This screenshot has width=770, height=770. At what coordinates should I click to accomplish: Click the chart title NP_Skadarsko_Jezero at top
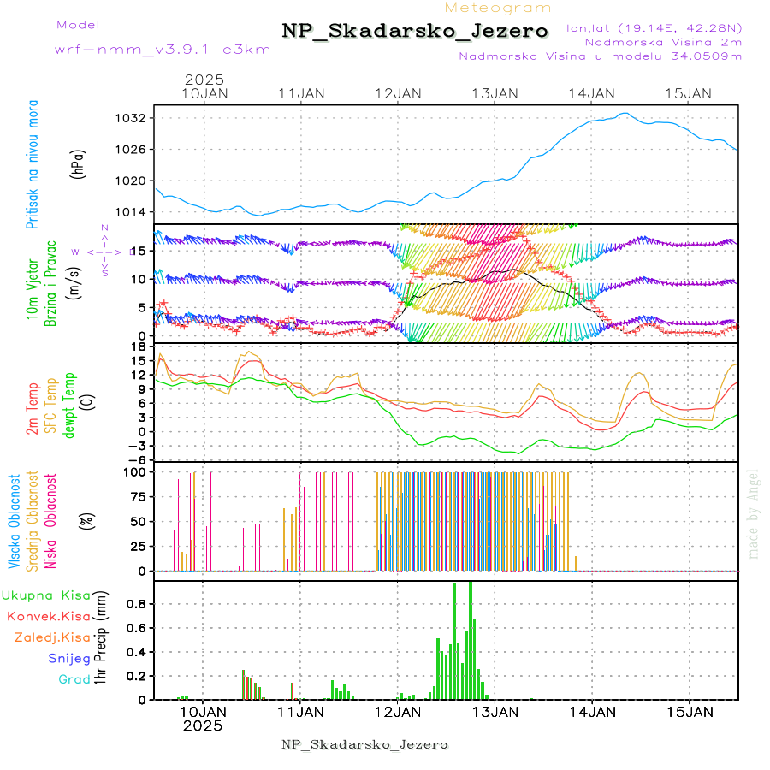pyautogui.click(x=415, y=32)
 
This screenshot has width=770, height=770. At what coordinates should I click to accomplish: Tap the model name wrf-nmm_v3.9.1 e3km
pyautogui.click(x=163, y=49)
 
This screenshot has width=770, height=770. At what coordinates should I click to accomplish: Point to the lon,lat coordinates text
pyautogui.click(x=654, y=27)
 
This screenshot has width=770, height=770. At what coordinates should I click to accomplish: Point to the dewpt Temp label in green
pyautogui.click(x=69, y=406)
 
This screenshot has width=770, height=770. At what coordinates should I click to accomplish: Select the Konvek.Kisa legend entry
pyautogui.click(x=49, y=616)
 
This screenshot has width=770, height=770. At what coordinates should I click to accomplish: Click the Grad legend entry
pyautogui.click(x=74, y=679)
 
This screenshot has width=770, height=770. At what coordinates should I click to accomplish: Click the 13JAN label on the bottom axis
pyautogui.click(x=494, y=711)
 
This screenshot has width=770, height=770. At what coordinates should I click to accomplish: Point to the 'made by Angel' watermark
pyautogui.click(x=754, y=513)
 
